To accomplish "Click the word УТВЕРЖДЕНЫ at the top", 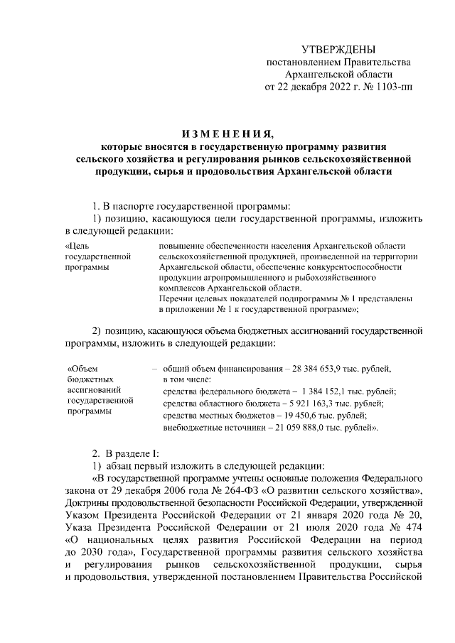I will point(338,49).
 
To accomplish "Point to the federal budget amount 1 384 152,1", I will point(328,392).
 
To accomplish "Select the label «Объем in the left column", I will point(80,369).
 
